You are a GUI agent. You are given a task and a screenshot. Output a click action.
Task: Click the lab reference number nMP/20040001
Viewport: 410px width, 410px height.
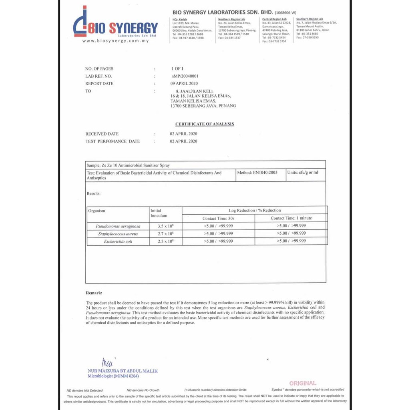185,76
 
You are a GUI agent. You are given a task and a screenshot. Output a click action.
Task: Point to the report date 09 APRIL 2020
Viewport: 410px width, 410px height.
184,84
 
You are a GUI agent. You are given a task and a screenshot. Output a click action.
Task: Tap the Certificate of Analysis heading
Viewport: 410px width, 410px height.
205,124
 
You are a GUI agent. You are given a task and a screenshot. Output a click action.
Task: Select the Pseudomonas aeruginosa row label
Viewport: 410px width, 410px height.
118,226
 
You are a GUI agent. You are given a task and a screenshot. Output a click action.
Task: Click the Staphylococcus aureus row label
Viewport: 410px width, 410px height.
118,234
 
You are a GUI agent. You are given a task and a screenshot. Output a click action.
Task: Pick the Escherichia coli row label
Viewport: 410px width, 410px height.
118,241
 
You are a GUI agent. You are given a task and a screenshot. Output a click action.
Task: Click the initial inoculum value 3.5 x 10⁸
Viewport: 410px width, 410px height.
165,226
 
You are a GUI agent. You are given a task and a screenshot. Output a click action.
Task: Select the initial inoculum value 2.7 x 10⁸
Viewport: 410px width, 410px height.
165,234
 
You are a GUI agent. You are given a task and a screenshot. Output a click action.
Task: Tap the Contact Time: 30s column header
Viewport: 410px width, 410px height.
218,218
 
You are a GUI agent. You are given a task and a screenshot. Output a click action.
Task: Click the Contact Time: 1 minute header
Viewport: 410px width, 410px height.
291,218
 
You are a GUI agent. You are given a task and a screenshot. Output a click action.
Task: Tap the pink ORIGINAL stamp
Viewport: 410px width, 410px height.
303,383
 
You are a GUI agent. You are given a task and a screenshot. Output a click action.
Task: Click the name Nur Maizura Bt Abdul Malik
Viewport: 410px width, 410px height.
123,371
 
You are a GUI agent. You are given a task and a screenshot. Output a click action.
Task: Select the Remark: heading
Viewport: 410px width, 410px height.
94,293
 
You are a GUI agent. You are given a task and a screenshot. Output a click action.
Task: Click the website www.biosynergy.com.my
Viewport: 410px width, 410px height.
115,41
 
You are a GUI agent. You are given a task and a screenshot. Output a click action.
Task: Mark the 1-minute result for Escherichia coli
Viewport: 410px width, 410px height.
291,241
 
